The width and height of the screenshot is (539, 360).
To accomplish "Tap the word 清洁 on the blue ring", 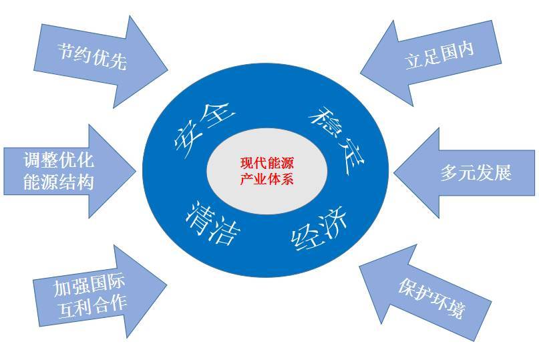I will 212,223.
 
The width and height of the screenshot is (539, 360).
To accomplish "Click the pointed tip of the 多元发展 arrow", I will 395,172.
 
